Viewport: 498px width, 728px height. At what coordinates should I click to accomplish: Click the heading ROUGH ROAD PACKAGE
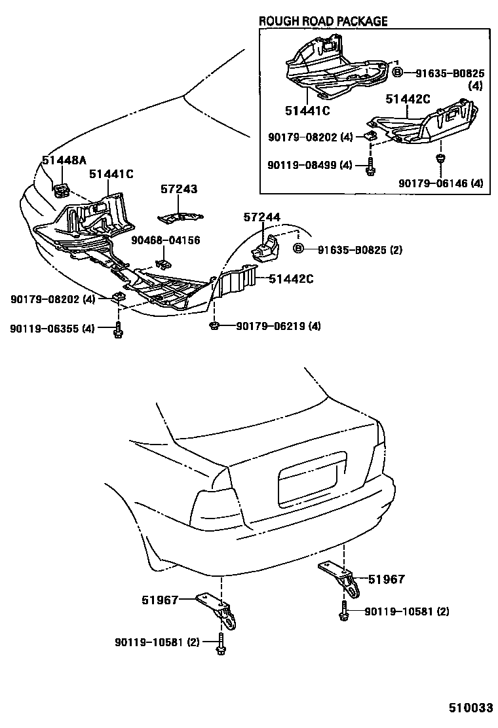(x=323, y=21)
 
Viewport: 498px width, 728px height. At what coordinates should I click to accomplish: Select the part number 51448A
(x=64, y=160)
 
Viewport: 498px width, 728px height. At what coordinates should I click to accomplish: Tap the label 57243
(x=179, y=189)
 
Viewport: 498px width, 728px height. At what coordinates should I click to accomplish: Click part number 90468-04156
(x=164, y=240)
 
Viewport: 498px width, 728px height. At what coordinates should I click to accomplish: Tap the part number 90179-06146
(x=440, y=183)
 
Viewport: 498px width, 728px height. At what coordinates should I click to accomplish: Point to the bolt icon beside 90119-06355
(x=118, y=329)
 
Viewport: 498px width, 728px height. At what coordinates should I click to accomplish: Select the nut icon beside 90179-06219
(x=214, y=325)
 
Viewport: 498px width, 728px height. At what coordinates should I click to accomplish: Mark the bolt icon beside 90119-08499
(x=370, y=166)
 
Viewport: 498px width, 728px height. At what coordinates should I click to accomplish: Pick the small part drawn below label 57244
(x=265, y=249)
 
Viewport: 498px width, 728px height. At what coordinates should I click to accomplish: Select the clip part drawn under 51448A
(x=63, y=191)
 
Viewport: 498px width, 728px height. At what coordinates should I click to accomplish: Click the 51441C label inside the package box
(x=307, y=111)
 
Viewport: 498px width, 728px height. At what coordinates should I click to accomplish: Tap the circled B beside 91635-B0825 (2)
(x=298, y=249)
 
